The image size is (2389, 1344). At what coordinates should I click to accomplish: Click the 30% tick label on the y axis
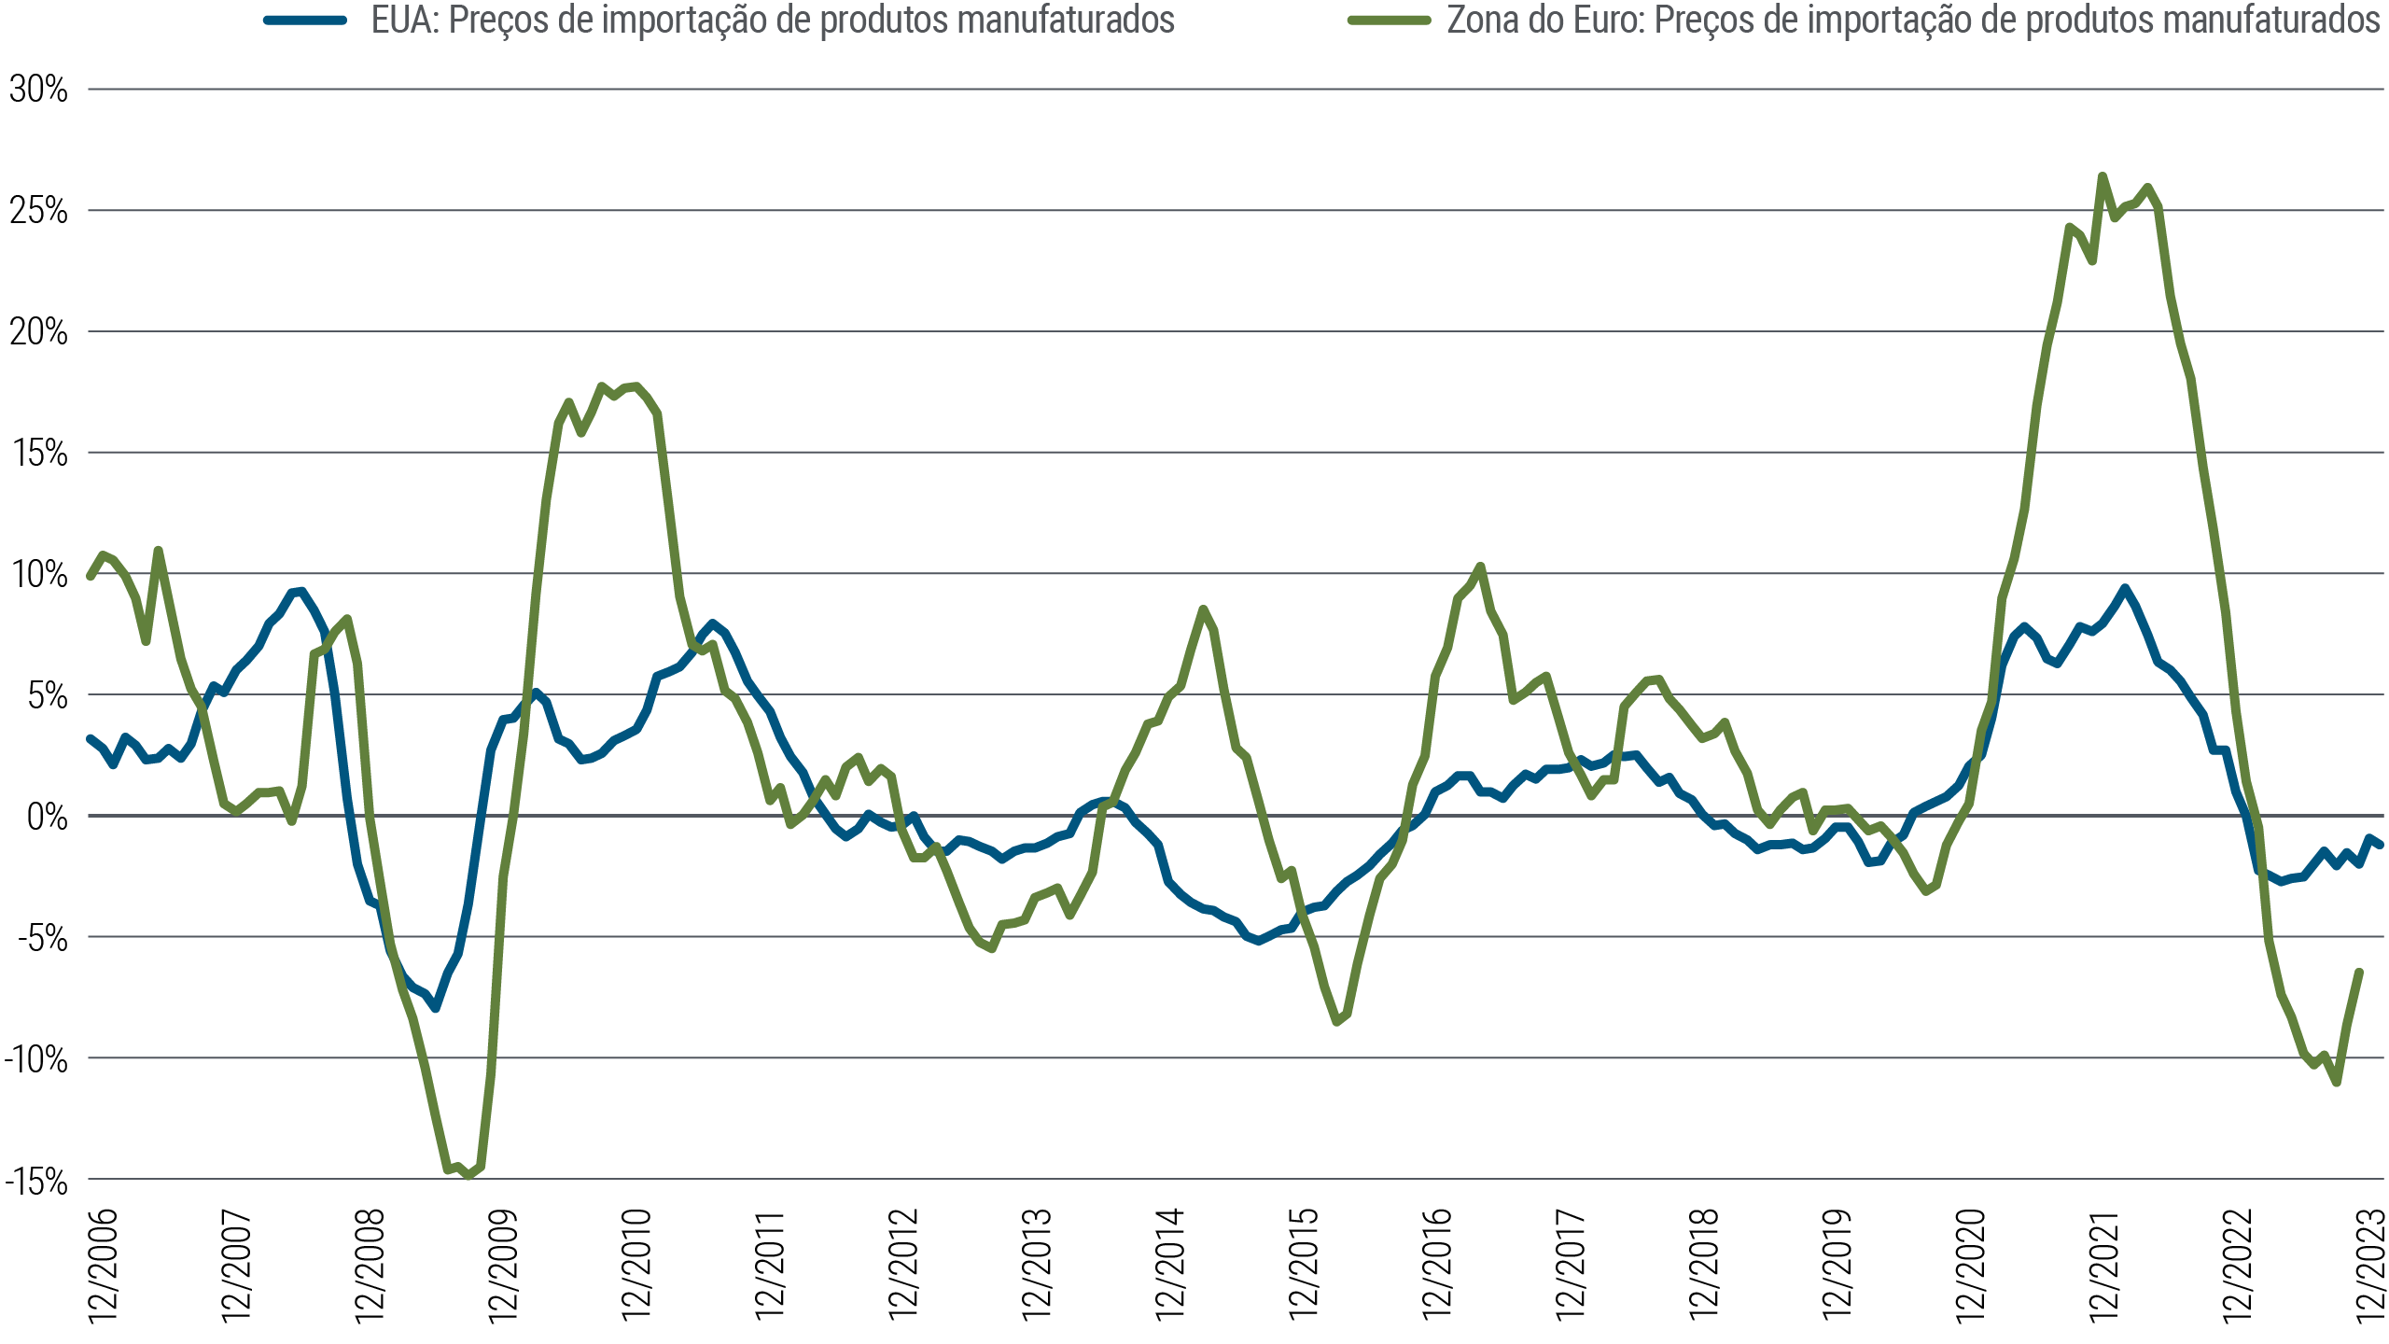38,90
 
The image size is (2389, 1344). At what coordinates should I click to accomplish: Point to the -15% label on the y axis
36,1182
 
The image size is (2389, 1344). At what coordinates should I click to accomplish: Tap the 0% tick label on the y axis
47,817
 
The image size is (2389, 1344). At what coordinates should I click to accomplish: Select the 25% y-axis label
38,211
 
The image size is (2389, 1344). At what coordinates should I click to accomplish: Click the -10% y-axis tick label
36,1059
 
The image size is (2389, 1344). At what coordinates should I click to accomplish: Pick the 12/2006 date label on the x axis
104,1266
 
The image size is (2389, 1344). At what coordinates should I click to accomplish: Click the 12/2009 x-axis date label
504,1266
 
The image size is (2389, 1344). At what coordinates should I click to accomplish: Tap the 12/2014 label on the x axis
1170,1266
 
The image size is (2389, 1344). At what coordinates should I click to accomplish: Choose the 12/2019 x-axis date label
1837,1266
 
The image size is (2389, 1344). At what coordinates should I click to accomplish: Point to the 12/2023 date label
2371,1266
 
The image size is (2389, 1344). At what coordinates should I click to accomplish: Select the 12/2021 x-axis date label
2104,1266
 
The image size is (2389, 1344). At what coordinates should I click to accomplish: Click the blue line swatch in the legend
305,20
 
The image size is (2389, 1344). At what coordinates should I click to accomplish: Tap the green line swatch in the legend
1389,20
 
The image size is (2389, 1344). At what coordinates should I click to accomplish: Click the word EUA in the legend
404,20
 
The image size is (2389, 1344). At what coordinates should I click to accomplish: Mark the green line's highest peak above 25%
2102,175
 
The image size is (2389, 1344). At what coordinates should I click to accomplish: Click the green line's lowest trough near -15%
468,1176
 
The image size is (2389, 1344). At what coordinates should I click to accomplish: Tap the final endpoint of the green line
2359,973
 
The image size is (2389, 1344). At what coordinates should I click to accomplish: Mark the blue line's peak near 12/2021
2125,588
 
